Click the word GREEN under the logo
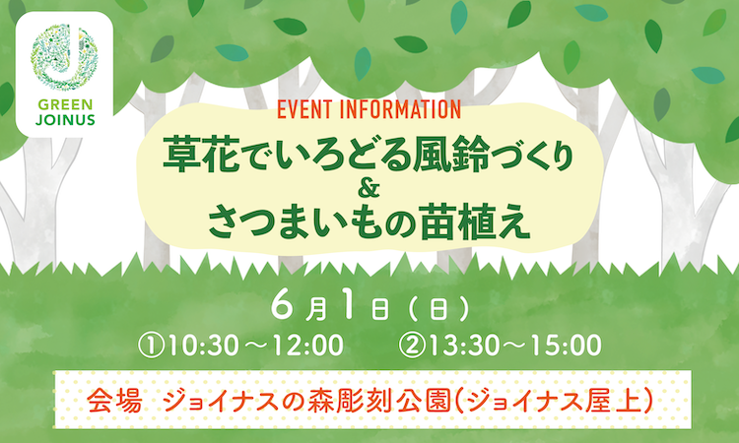pos(65,104)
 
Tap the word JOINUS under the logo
pos(65,120)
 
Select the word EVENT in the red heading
pos(304,109)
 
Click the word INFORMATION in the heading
pos(400,109)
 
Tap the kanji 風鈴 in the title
pos(451,154)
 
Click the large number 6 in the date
pos(282,308)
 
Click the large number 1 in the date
pos(348,308)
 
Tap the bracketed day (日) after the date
pos(437,310)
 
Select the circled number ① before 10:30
pos(151,346)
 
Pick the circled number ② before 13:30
pos(411,346)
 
